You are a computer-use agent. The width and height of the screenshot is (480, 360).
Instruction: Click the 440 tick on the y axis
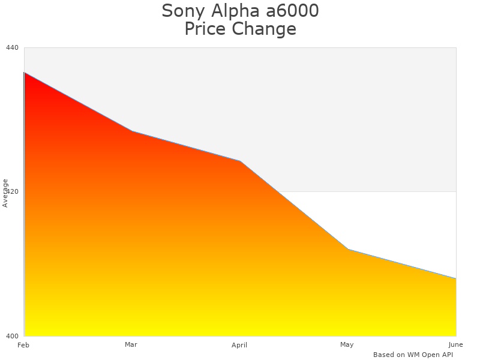[x=13, y=47]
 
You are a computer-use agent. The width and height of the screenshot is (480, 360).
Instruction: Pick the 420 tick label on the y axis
[x=13, y=191]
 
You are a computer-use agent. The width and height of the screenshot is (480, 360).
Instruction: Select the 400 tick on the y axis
[x=13, y=335]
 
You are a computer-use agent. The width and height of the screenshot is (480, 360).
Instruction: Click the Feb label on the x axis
[x=23, y=345]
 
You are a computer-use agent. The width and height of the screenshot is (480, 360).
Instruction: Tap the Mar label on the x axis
[x=131, y=344]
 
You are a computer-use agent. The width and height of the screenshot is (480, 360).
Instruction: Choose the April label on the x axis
[x=239, y=345]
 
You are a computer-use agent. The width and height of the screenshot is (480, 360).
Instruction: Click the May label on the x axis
[x=347, y=344]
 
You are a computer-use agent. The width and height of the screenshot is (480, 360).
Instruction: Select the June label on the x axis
[x=455, y=344]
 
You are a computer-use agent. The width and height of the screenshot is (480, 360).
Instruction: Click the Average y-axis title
[x=5, y=193]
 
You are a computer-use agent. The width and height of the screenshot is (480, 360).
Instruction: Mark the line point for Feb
[x=24, y=72]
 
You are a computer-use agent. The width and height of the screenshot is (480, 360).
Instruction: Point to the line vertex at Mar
[x=132, y=131]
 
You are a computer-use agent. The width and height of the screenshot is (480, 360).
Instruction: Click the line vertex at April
[x=240, y=161]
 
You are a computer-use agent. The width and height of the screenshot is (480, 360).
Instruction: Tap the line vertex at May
[x=348, y=249]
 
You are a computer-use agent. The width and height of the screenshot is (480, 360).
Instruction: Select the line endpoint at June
[x=455, y=278]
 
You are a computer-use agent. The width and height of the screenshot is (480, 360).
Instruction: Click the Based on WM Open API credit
[x=413, y=355]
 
